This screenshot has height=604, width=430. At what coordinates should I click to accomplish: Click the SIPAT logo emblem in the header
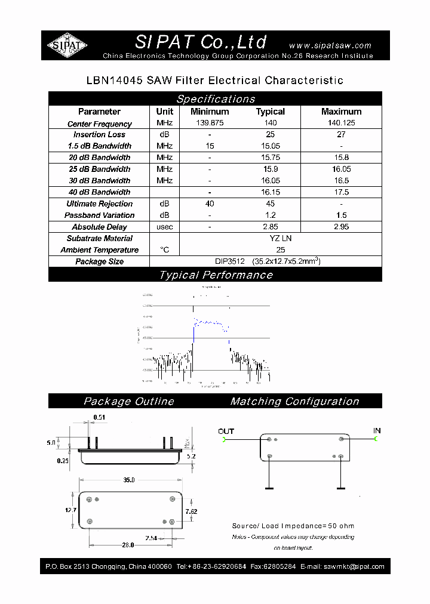click(67, 45)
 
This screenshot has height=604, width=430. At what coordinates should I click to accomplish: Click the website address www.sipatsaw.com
click(330, 45)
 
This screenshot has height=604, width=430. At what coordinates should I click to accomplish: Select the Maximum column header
click(341, 112)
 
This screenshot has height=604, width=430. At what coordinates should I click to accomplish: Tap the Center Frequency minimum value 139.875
click(210, 123)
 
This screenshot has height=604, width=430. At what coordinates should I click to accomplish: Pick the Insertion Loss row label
click(99, 135)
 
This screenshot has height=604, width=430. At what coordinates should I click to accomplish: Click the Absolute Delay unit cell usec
click(165, 227)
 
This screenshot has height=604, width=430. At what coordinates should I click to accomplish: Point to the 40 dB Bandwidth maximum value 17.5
click(341, 192)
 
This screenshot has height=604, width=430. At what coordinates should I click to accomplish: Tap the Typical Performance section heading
click(216, 275)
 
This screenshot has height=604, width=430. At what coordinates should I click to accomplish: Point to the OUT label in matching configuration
click(226, 431)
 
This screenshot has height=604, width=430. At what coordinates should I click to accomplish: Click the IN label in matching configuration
click(377, 430)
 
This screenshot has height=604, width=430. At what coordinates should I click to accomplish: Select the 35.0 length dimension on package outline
click(129, 480)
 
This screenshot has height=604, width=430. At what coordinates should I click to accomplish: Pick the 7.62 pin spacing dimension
click(191, 511)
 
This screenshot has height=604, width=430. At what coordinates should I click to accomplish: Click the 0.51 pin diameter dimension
click(99, 417)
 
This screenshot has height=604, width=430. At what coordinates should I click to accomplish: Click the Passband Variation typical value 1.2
click(270, 215)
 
